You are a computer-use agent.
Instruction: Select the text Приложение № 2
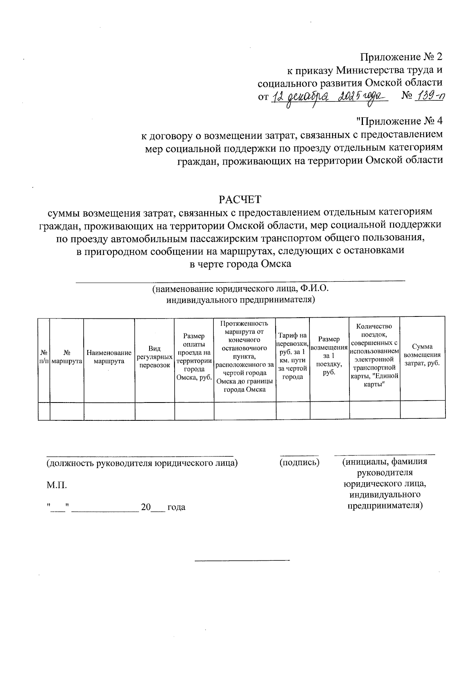(x=401, y=58)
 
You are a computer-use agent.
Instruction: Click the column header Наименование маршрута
(x=109, y=357)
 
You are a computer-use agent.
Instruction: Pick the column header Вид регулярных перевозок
(x=154, y=357)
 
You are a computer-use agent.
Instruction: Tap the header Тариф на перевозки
(x=293, y=356)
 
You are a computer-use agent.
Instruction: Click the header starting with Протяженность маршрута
(x=245, y=356)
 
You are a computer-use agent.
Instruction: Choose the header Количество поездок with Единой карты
(x=374, y=356)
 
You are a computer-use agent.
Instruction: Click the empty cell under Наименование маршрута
(x=109, y=411)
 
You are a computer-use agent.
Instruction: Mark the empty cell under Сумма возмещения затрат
(x=422, y=411)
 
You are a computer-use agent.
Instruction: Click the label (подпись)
(x=299, y=462)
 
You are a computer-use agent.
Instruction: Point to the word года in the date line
(x=176, y=507)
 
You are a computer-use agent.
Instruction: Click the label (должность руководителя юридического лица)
(x=142, y=463)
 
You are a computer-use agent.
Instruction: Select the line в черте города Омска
(x=241, y=264)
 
